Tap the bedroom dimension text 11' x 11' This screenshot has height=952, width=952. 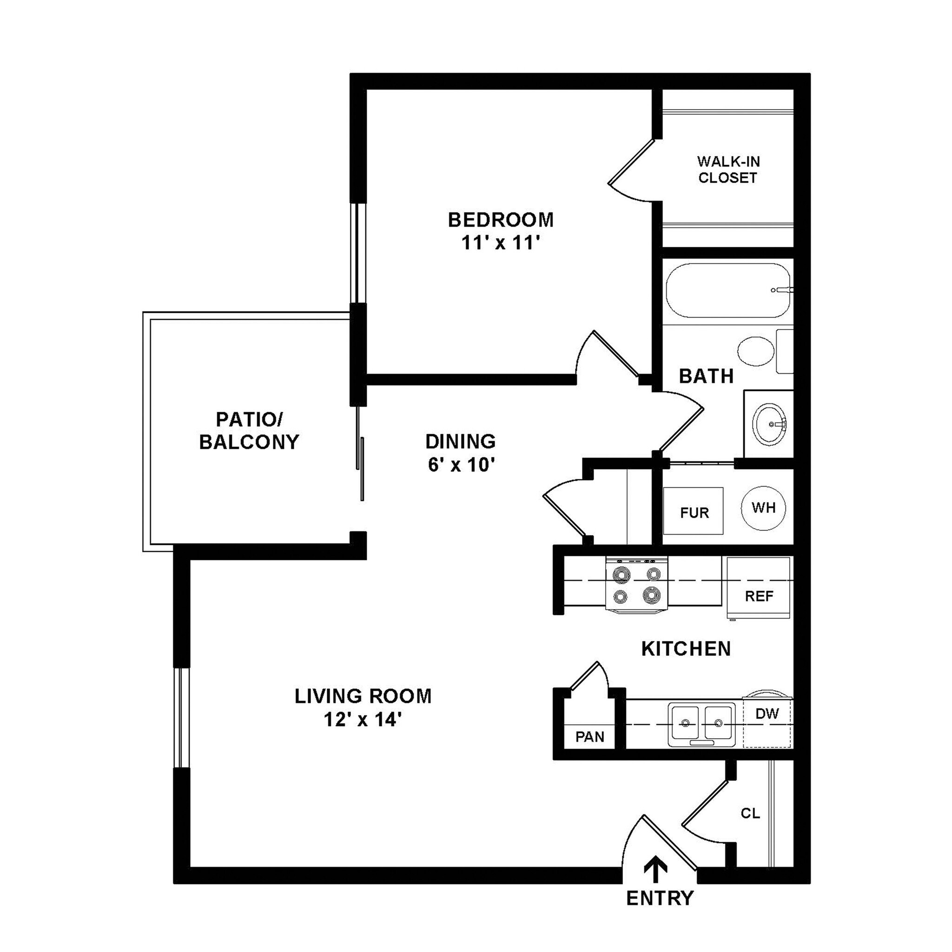(501, 243)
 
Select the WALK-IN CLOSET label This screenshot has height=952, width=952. (728, 170)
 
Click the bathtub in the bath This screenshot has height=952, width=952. (727, 291)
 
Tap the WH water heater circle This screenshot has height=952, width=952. (763, 508)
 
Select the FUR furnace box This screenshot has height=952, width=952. (693, 511)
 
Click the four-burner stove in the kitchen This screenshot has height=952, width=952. (637, 584)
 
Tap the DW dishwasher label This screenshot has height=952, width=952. (767, 714)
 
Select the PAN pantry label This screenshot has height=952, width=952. (590, 737)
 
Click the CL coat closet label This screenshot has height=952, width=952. (750, 813)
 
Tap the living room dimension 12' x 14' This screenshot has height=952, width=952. (364, 720)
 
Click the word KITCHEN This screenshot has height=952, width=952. (686, 649)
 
